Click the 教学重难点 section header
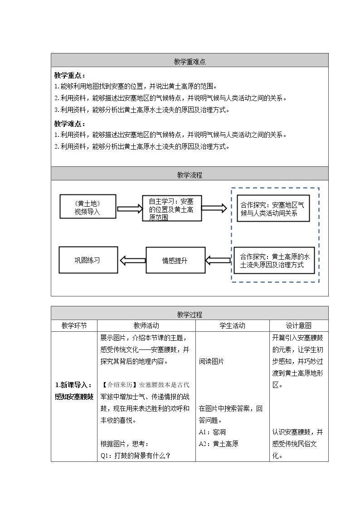(x=190, y=62)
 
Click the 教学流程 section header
(x=190, y=175)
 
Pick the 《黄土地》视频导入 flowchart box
(x=88, y=207)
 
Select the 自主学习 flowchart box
(x=172, y=208)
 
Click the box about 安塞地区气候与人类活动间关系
(x=273, y=208)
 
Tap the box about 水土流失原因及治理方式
(x=274, y=260)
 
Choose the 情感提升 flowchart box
(x=175, y=260)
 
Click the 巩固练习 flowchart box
(x=88, y=260)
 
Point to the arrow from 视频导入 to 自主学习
(x=130, y=208)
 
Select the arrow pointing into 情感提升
(x=218, y=260)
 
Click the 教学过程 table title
(x=190, y=315)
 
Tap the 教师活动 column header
(x=146, y=325)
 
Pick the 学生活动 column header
(x=233, y=325)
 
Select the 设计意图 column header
(x=299, y=325)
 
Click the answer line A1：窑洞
(x=212, y=432)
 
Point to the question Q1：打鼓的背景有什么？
(x=136, y=456)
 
